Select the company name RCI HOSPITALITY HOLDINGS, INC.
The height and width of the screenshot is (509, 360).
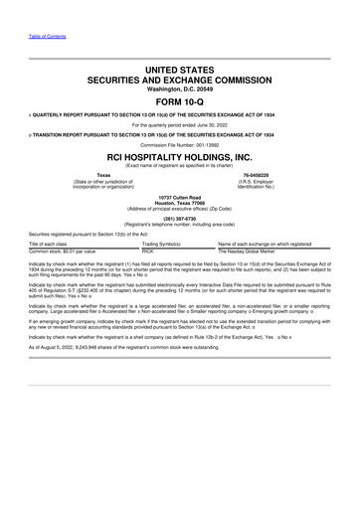(x=180, y=157)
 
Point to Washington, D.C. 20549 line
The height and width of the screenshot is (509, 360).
(x=180, y=87)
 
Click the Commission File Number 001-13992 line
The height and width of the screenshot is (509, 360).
(x=180, y=143)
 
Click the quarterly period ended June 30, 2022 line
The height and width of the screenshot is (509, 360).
(x=180, y=124)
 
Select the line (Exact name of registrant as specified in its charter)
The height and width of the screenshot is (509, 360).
(x=180, y=167)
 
